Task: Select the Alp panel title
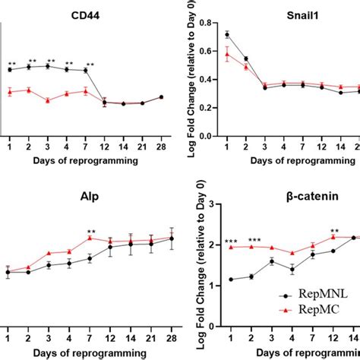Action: coord(85,194)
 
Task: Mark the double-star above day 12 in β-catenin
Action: coord(333,232)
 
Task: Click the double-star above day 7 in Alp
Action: coord(91,232)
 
